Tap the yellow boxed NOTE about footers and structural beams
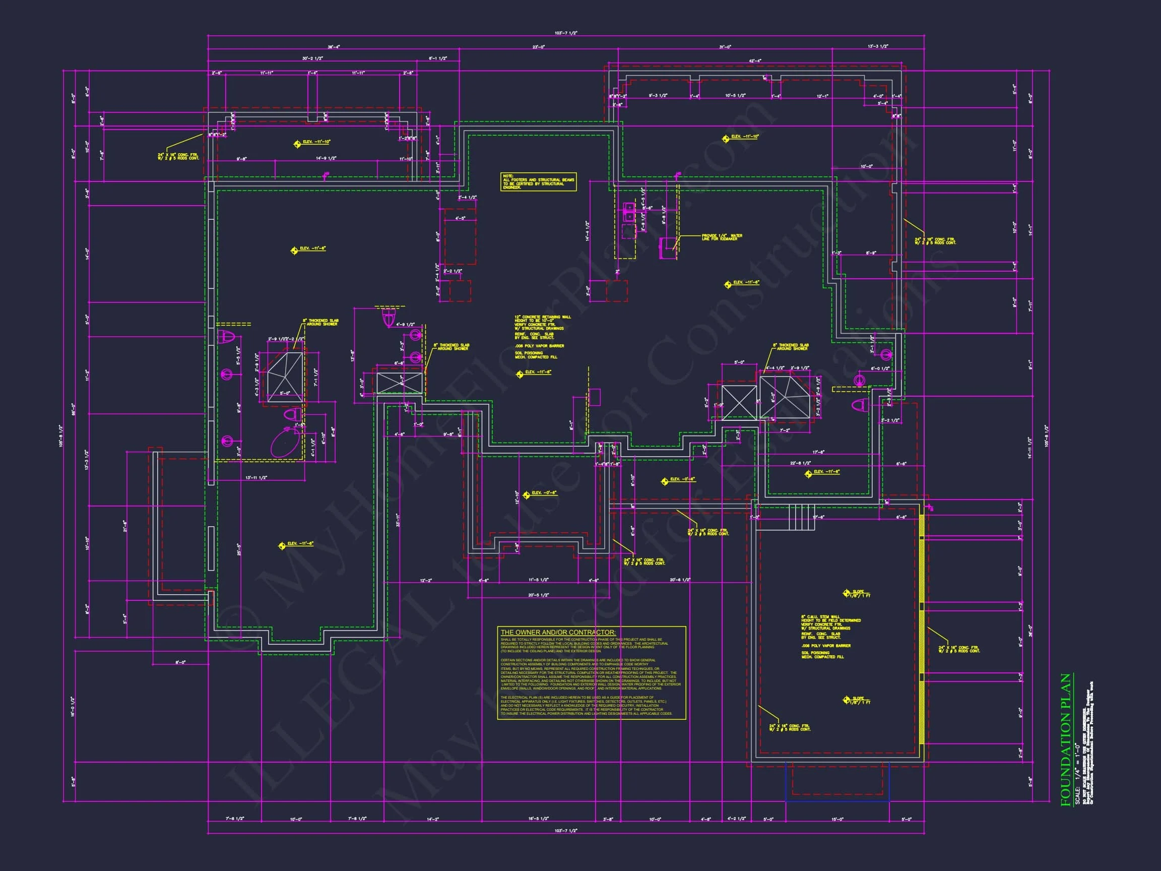pyautogui.click(x=538, y=181)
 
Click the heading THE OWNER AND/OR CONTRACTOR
pyautogui.click(x=558, y=633)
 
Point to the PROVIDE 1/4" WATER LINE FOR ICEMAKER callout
pyautogui.click(x=722, y=237)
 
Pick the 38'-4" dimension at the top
pyautogui.click(x=333, y=47)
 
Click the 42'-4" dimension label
pyautogui.click(x=755, y=61)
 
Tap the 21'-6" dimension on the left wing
pyautogui.click(x=125, y=525)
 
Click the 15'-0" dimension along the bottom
pyautogui.click(x=836, y=820)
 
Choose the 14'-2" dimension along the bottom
pyautogui.click(x=432, y=820)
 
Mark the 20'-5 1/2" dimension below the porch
pyautogui.click(x=538, y=595)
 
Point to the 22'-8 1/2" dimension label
pyautogui.click(x=800, y=463)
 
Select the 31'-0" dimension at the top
pyautogui.click(x=725, y=47)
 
